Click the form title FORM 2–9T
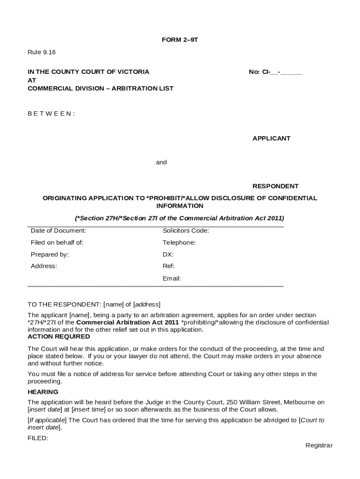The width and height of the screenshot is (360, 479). [x=180, y=40]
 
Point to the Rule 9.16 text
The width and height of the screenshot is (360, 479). [x=42, y=52]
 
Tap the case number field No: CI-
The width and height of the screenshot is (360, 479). [x=275, y=72]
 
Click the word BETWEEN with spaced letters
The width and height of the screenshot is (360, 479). [x=51, y=114]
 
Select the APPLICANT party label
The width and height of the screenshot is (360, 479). [x=271, y=138]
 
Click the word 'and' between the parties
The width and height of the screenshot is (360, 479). [x=161, y=162]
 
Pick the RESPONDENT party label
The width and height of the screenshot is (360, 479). [x=275, y=186]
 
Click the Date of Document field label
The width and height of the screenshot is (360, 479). [x=58, y=231]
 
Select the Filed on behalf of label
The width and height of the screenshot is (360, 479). [x=57, y=243]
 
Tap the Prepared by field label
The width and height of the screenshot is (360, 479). [x=50, y=254]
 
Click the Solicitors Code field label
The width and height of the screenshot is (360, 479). [x=186, y=231]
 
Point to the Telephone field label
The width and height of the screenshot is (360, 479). [x=179, y=243]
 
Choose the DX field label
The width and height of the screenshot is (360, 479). [x=168, y=254]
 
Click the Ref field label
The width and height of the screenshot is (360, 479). [x=168, y=266]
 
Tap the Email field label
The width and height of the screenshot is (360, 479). [x=172, y=278]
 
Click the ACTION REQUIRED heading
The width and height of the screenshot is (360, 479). [x=59, y=337]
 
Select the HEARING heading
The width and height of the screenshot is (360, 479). [x=43, y=392]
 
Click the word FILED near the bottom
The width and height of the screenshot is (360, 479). [x=38, y=438]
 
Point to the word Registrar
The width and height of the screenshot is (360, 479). [x=319, y=445]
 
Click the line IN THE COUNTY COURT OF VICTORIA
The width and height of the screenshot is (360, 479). [x=89, y=72]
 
